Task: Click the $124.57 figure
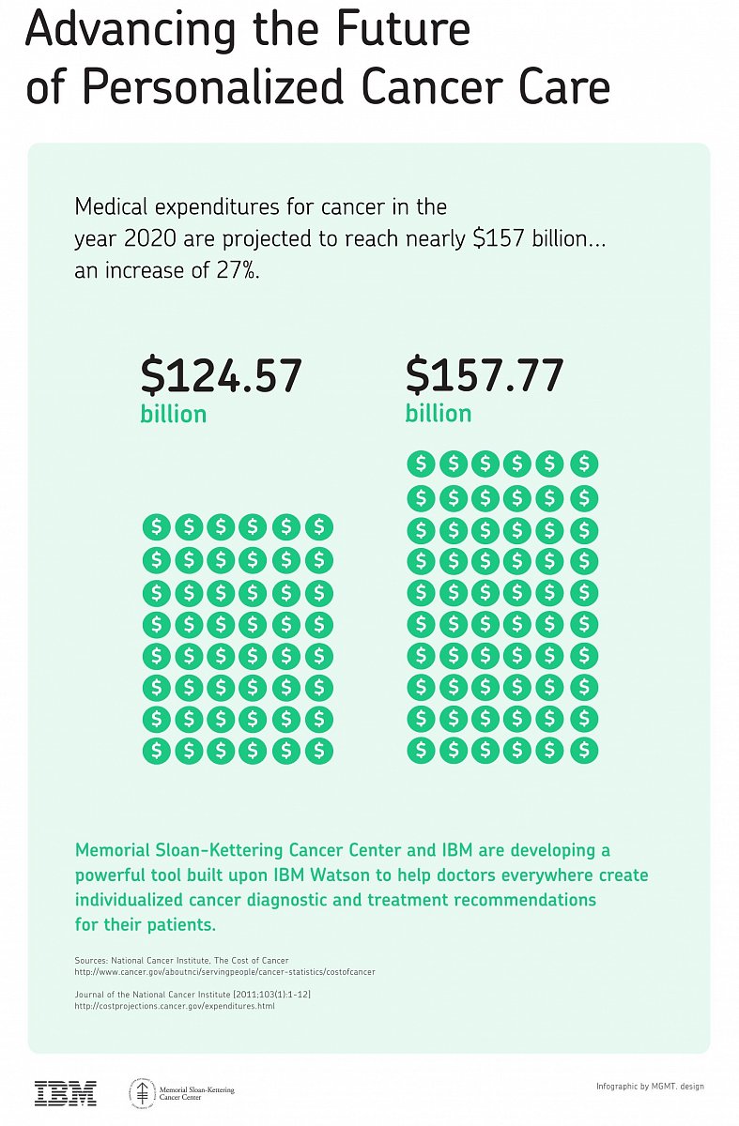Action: (x=221, y=376)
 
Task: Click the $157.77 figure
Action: (x=485, y=376)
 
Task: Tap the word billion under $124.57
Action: (x=174, y=414)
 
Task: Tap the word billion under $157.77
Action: (x=439, y=414)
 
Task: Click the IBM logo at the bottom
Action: (x=66, y=1092)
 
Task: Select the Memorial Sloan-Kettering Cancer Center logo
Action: (x=182, y=1092)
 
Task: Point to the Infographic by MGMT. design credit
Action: (x=650, y=1087)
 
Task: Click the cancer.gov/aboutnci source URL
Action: (x=224, y=972)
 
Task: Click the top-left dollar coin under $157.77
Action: (x=421, y=464)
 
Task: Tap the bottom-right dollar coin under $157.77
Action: (x=584, y=750)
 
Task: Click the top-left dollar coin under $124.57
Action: (x=157, y=527)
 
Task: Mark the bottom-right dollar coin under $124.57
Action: (x=319, y=750)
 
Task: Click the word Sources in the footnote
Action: (x=90, y=962)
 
